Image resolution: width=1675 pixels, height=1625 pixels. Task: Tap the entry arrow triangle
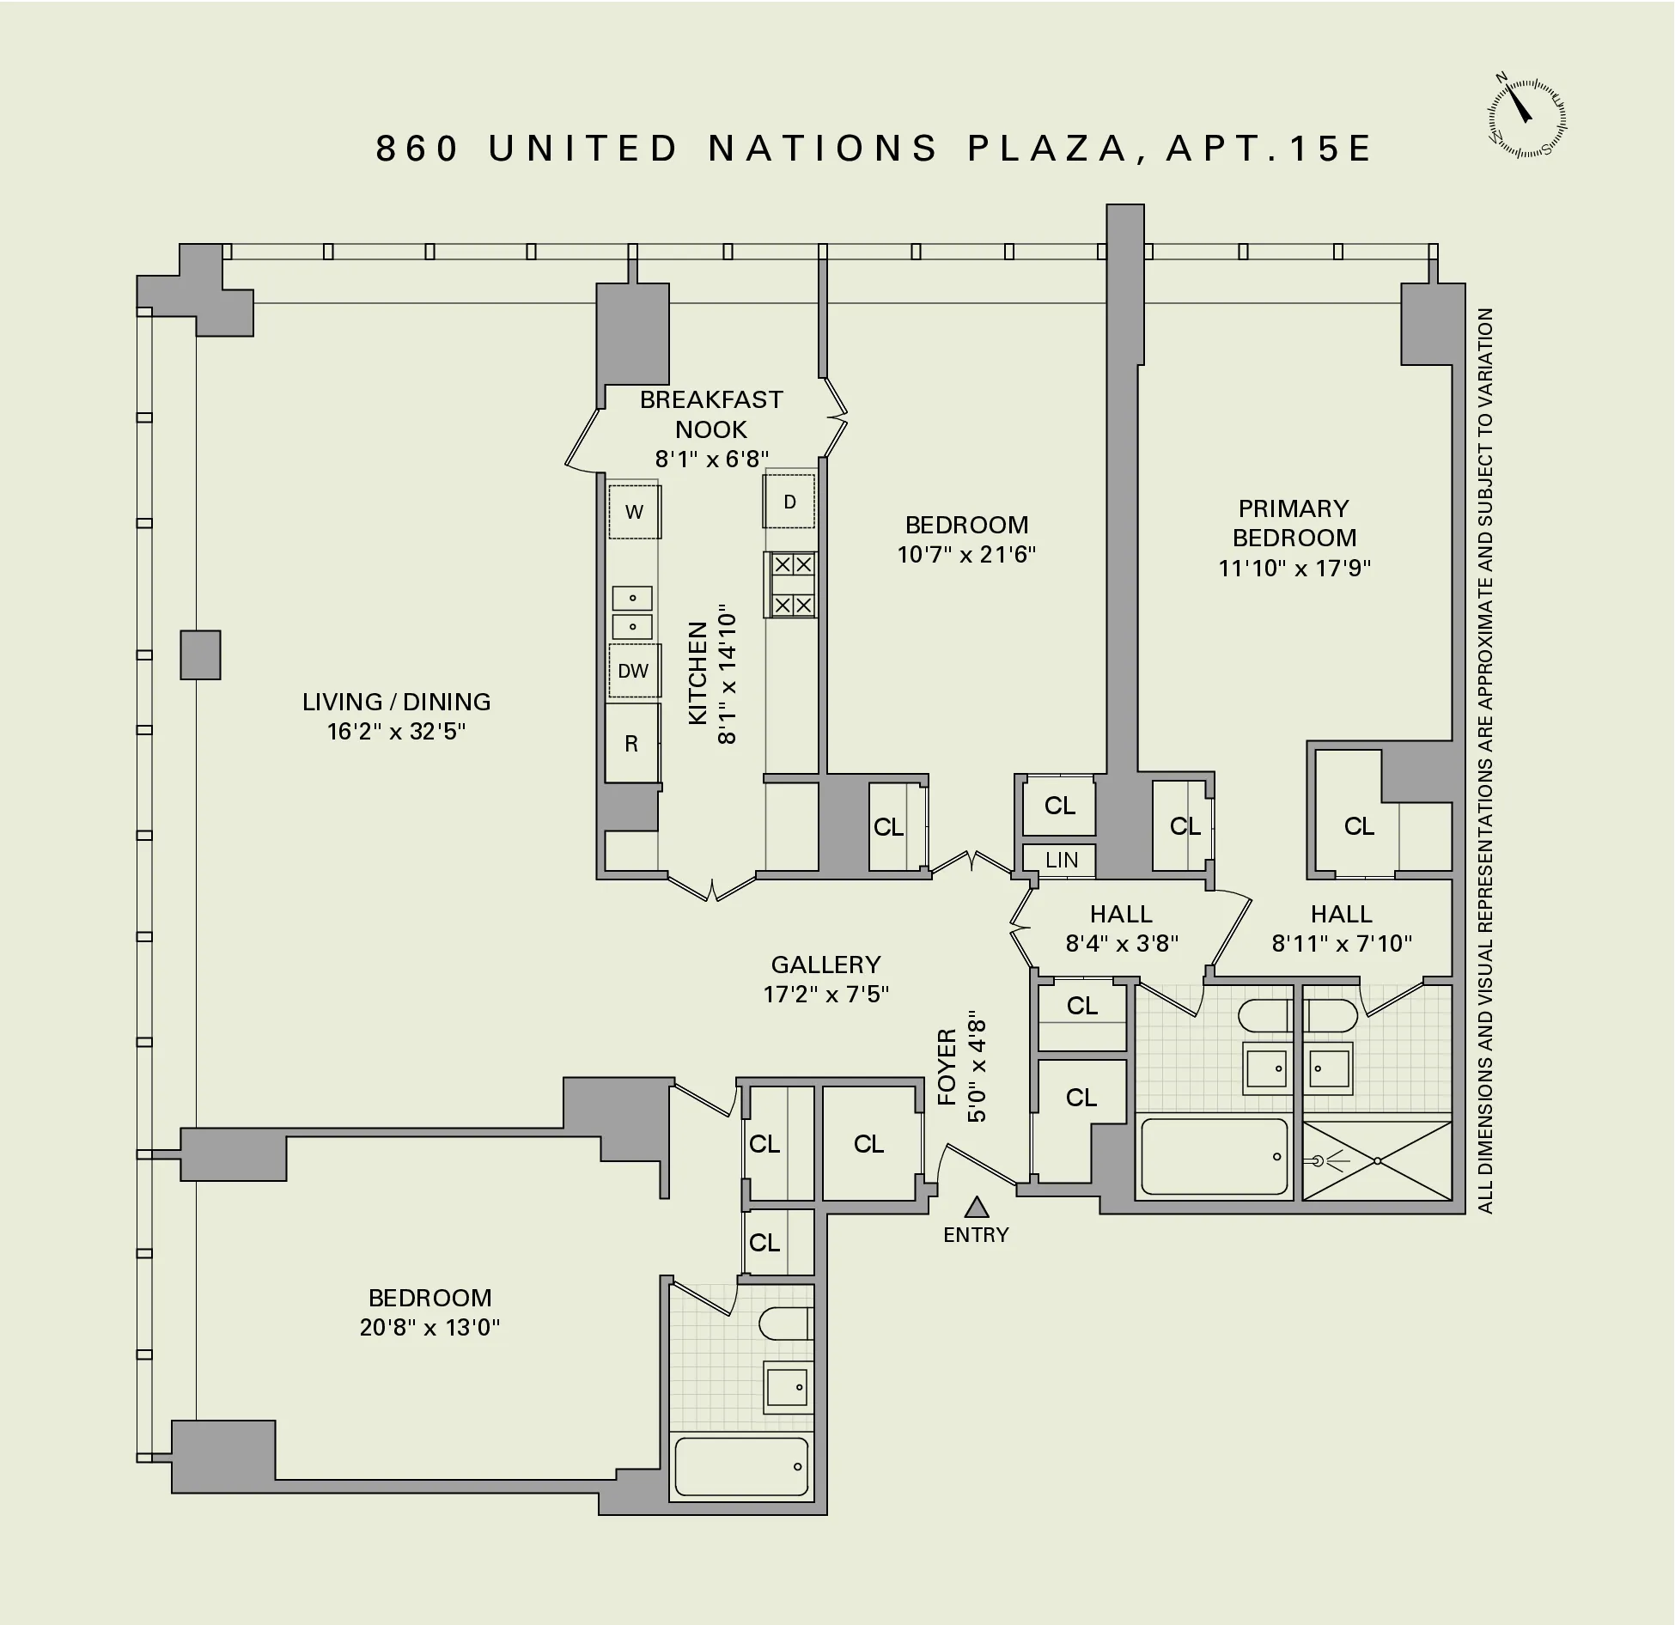point(976,1208)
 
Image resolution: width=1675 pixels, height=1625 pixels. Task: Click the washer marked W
point(635,512)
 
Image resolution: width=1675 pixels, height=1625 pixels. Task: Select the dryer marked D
point(789,502)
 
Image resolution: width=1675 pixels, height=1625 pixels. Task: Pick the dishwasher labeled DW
point(634,671)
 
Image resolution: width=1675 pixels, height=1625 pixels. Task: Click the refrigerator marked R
point(631,744)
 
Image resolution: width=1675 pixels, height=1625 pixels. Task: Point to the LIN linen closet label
point(1062,860)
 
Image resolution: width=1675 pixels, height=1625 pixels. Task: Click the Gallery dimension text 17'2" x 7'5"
point(825,994)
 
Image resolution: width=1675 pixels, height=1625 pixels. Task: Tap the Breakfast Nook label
point(711,414)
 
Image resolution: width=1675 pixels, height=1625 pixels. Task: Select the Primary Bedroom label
point(1294,523)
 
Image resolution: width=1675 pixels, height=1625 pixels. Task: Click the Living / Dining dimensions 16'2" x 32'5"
point(396,731)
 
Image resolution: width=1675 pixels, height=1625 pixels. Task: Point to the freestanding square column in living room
point(200,654)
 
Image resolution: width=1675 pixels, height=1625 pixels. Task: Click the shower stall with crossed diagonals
point(1377,1160)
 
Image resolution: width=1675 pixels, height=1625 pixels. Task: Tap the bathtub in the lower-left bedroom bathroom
point(741,1466)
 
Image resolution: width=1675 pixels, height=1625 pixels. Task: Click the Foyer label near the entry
point(947,1067)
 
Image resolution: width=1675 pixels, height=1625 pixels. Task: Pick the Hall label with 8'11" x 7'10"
point(1342,914)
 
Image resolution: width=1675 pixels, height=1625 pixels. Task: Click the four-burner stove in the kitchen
point(791,585)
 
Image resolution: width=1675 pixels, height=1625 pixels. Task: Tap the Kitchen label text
point(698,673)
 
